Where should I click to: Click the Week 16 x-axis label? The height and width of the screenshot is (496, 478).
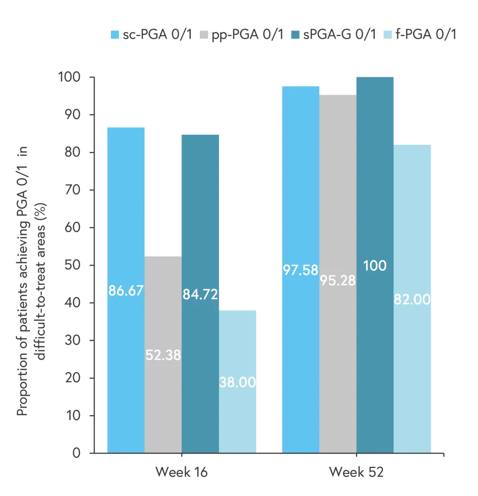(182, 472)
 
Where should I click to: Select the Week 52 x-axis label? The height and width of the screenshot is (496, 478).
(356, 472)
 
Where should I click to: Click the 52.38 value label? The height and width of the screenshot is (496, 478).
(163, 356)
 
